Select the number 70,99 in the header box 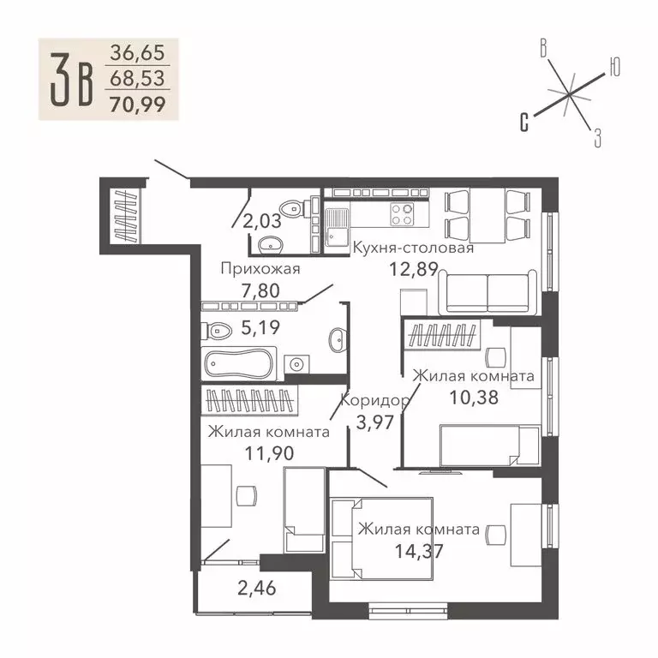[138, 105]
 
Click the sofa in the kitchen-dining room [489, 292]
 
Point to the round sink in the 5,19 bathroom [335, 340]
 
